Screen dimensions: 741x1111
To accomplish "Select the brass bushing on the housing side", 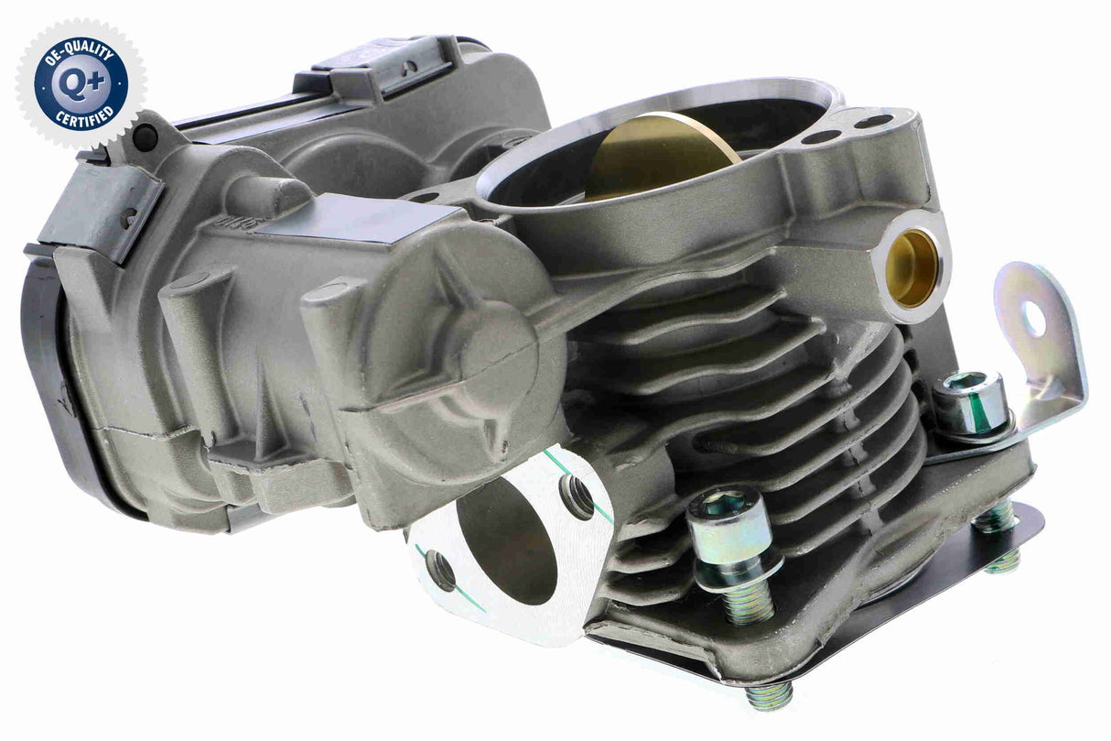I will pos(911,267).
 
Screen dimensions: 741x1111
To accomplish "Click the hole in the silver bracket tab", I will pos(1035,318).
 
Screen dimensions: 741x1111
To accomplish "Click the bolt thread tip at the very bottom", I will pos(770,698).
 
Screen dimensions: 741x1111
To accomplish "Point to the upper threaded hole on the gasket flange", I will pos(577,496).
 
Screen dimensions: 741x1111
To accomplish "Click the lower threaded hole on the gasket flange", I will pos(440,571).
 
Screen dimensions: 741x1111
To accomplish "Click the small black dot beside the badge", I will pos(144,138).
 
